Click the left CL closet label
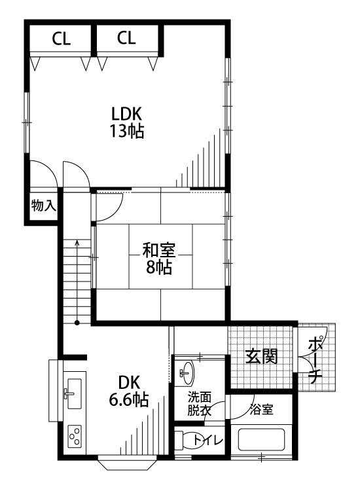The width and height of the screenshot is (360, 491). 62,39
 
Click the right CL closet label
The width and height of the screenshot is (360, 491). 126,37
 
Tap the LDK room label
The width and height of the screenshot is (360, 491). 127,114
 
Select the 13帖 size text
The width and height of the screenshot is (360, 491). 126,131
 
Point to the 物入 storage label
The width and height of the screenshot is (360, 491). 44,206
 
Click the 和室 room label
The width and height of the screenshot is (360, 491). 159,251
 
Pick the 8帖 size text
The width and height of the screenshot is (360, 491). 159,267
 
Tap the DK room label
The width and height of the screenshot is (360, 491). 129,382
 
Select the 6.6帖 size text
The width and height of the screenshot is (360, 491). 129,399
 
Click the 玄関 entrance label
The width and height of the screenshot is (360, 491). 261,356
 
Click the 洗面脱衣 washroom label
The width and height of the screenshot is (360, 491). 200,404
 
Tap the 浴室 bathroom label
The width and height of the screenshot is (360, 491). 261,410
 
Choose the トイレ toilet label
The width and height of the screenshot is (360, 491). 208,441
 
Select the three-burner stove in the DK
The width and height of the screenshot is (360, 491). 75,435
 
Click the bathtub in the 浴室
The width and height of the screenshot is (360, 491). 261,440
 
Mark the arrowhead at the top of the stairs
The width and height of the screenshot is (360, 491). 77,242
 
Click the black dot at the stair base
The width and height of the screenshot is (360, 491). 77,323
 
